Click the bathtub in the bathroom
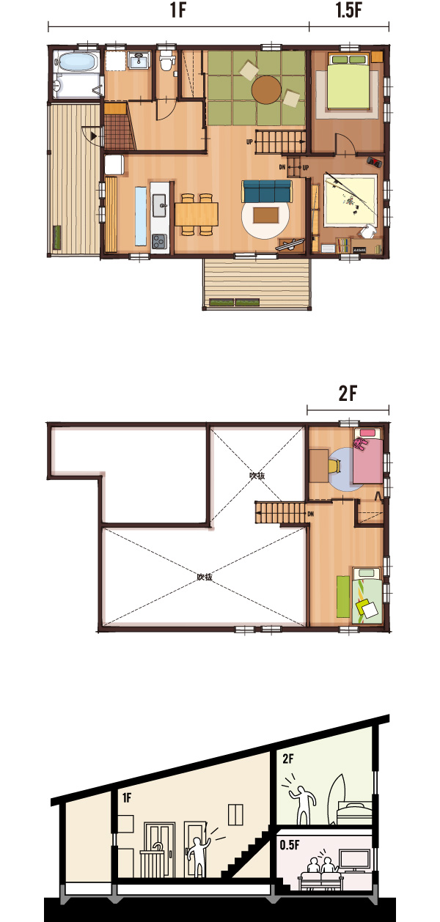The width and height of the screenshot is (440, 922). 77,62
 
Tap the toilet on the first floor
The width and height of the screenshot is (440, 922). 166,60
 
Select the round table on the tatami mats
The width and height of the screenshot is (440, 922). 266,89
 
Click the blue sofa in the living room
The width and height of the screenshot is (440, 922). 267,191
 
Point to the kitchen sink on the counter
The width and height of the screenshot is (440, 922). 159,205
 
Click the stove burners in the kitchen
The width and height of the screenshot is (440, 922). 159,241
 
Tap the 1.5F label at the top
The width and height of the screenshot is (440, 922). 348,10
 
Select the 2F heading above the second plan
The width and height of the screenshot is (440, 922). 348,393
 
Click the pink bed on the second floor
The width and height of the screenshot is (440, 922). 367,455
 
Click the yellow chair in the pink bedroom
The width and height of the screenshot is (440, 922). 334,465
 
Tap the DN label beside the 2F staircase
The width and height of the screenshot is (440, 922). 311,514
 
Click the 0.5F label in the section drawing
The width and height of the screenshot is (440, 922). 290,845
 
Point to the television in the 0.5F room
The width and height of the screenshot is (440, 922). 354,860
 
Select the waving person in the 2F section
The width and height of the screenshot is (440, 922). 301,800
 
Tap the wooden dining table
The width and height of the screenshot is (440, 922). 196,214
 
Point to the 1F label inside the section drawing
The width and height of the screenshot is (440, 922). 126,797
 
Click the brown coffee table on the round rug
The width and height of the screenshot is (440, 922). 265,215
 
